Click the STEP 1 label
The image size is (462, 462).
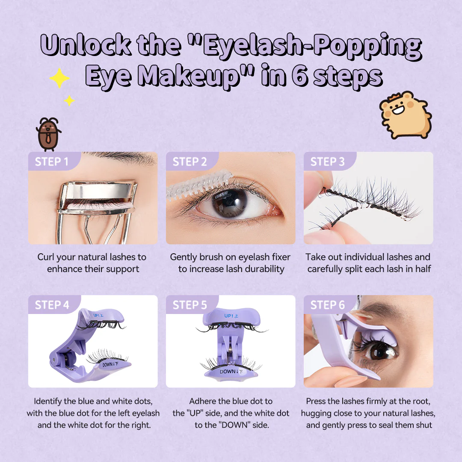pyautogui.click(x=52, y=161)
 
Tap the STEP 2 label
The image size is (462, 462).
pyautogui.click(x=190, y=161)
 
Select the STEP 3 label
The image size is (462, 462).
pyautogui.click(x=327, y=161)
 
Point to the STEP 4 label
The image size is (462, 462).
pyautogui.click(x=52, y=305)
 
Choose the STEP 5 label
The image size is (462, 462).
pyautogui.click(x=190, y=305)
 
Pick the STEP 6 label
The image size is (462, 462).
pyautogui.click(x=327, y=305)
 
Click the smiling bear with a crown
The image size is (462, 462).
pyautogui.click(x=405, y=114)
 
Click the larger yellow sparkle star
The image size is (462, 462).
pyautogui.click(x=59, y=78)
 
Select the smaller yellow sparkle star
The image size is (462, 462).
pyautogui.click(x=69, y=101)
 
